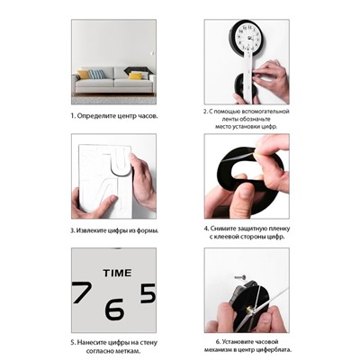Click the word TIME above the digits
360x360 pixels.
coord(117,273)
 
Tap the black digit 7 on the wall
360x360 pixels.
coord(82,292)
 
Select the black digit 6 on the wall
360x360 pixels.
coord(114,309)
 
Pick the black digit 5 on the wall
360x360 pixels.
coord(148,292)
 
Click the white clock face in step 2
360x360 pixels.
coord(248,38)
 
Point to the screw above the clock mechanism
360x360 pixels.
coord(240,277)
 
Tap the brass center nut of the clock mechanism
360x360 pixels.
coord(249,310)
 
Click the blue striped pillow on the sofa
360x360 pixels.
coord(97,74)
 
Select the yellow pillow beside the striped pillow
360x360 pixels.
coord(84,75)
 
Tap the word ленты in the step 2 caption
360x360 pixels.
coord(223,119)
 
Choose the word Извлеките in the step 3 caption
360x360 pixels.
coord(92,230)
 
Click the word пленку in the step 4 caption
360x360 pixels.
coord(279,229)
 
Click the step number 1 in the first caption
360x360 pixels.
coord(73,116)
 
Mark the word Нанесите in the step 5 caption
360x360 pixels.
coord(91,343)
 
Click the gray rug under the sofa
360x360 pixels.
coord(113,100)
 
